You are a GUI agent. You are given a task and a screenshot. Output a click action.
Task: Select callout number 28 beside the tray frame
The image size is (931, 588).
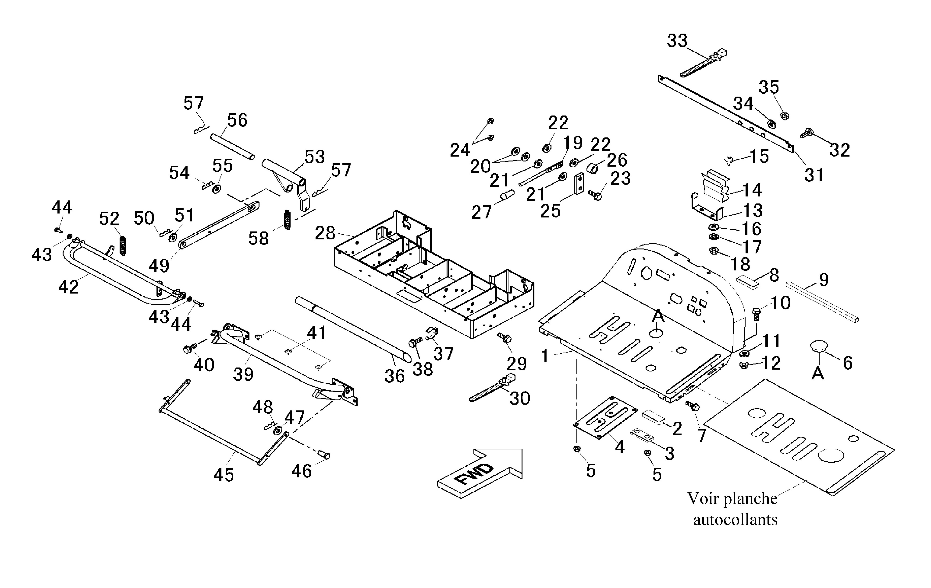coord(325,233)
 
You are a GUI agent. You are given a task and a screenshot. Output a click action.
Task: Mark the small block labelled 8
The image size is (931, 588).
coord(748,282)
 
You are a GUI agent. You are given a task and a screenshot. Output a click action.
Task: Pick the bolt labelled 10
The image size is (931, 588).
coord(756,314)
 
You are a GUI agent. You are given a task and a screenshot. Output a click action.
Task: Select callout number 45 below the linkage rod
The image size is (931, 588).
coord(224,475)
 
